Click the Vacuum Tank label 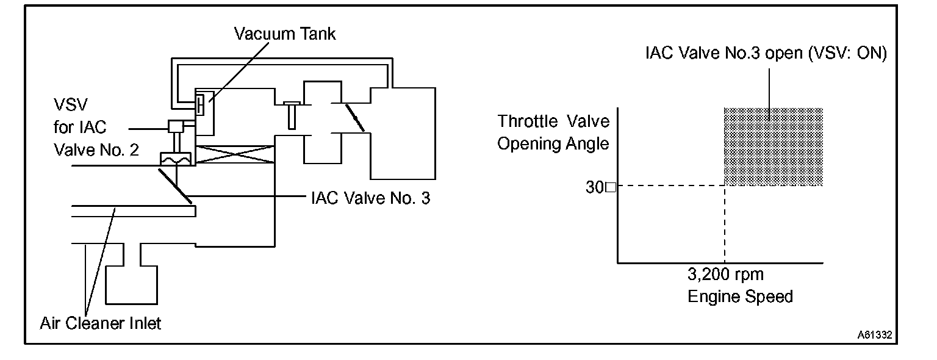(x=285, y=34)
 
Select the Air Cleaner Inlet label (x=101, y=323)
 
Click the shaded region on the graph (x=774, y=146)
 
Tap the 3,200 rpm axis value (x=725, y=275)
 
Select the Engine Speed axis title (x=740, y=297)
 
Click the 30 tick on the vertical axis (x=595, y=187)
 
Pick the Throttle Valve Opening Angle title (x=553, y=132)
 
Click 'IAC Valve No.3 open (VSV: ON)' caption (x=766, y=53)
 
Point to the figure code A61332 (x=875, y=335)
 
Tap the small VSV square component (x=177, y=127)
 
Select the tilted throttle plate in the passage (x=354, y=117)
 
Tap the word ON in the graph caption (x=873, y=53)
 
